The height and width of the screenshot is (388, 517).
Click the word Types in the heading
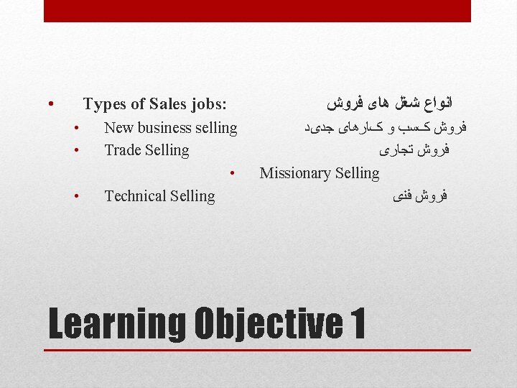(x=104, y=104)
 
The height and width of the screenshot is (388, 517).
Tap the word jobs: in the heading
(x=209, y=104)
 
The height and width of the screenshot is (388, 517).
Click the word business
(x=163, y=128)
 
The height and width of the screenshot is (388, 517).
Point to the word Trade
(x=124, y=150)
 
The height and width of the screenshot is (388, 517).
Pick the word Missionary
(x=294, y=172)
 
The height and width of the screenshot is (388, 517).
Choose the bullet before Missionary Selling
(x=233, y=173)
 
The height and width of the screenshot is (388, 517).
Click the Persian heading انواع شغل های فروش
(x=385, y=104)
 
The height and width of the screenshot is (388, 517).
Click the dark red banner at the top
(x=257, y=11)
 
